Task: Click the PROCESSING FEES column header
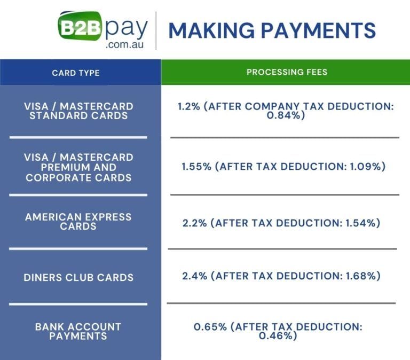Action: click(x=287, y=72)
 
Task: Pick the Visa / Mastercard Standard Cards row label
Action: click(x=78, y=111)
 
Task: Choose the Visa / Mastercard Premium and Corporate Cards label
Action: click(x=78, y=167)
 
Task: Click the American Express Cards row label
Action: click(x=78, y=222)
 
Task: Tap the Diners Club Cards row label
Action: click(x=78, y=277)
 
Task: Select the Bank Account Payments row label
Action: click(x=78, y=331)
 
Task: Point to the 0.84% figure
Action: click(x=285, y=115)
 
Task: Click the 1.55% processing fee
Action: click(x=196, y=167)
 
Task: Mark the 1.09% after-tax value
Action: click(x=367, y=167)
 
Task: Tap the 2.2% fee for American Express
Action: click(x=194, y=223)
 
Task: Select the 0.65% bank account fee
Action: click(x=209, y=326)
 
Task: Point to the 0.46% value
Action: click(x=277, y=336)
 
